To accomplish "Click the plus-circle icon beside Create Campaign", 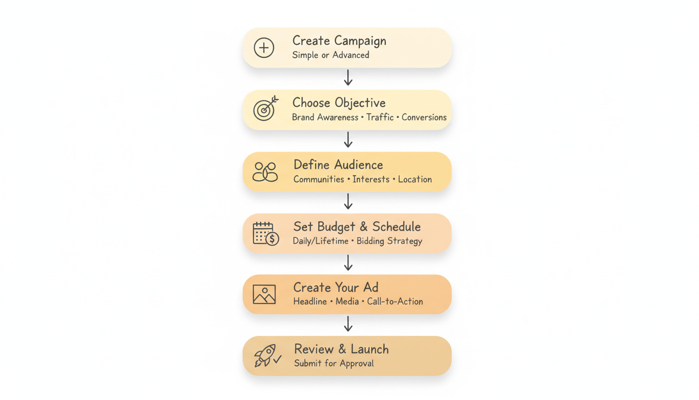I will [x=264, y=48].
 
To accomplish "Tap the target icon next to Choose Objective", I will [x=265, y=109].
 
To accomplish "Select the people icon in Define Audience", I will [x=265, y=172].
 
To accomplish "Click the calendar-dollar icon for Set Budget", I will [x=266, y=233].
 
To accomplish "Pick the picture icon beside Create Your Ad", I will [x=264, y=294].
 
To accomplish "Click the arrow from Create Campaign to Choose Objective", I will [x=348, y=78].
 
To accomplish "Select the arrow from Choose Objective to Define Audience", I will [x=348, y=140].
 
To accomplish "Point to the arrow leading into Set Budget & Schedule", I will [x=348, y=202].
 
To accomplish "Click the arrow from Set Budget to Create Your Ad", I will [x=348, y=263].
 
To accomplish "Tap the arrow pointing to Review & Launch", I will [x=348, y=324].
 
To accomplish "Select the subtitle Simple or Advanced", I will [x=331, y=55].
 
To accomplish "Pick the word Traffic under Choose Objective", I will [x=380, y=117].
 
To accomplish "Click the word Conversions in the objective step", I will [x=424, y=117].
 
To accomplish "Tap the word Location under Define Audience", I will [x=415, y=179].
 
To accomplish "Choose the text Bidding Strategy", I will [x=389, y=241].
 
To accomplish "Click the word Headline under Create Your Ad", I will [x=310, y=302].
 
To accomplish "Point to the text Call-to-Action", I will [x=395, y=302].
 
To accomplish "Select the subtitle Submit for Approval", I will [x=334, y=364].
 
